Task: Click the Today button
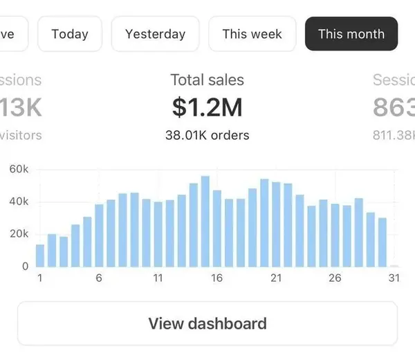coord(70,34)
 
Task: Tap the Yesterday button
coord(155,34)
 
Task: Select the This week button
coord(252,34)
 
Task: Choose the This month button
coord(351,34)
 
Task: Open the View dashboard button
coord(207,323)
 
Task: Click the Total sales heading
coord(207,80)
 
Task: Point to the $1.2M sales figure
coord(207,107)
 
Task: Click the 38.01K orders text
coord(207,135)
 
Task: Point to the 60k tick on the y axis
coord(19,169)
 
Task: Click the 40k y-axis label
coord(19,201)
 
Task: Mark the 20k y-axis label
coord(19,234)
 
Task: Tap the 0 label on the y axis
coord(25,266)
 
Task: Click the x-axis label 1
coord(40,278)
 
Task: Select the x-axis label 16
coord(217,278)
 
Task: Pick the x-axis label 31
coord(394,278)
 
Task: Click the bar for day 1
coord(40,255)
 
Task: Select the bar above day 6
coord(99,235)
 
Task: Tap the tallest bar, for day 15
coord(205,222)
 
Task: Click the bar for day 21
coord(276,224)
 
